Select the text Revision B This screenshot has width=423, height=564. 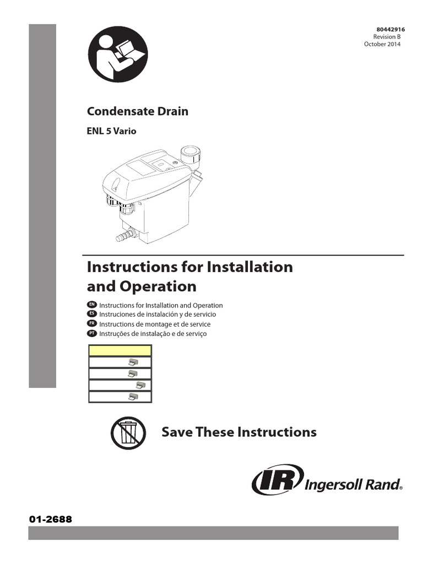(x=388, y=37)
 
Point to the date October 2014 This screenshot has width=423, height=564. (x=383, y=44)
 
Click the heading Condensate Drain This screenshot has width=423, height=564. (x=138, y=111)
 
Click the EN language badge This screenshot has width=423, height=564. (x=93, y=305)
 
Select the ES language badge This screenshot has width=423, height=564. (x=93, y=314)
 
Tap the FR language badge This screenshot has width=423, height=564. (x=93, y=324)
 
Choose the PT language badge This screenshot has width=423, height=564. (x=93, y=334)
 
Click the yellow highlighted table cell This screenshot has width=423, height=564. (x=120, y=350)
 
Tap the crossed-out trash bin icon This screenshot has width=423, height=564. (x=127, y=433)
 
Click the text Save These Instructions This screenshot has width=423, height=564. (x=238, y=432)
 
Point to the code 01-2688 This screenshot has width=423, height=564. (x=50, y=519)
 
